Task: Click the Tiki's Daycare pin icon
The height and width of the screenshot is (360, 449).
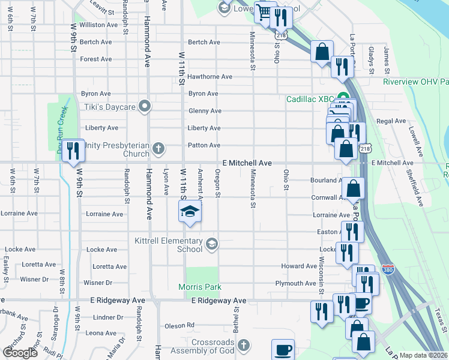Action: click(144, 107)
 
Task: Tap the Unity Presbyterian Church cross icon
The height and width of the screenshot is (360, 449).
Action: click(158, 148)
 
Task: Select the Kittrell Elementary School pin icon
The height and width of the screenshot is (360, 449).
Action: click(211, 244)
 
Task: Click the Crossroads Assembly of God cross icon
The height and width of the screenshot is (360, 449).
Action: click(243, 345)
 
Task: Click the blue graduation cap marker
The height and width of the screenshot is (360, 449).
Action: click(190, 212)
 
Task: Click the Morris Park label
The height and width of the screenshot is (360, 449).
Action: click(200, 287)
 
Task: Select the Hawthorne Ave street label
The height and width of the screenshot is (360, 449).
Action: click(209, 77)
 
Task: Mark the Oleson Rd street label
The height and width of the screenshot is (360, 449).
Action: click(179, 326)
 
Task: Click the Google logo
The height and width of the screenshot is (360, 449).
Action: click(20, 352)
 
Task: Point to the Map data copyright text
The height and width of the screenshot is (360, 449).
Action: click(424, 355)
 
